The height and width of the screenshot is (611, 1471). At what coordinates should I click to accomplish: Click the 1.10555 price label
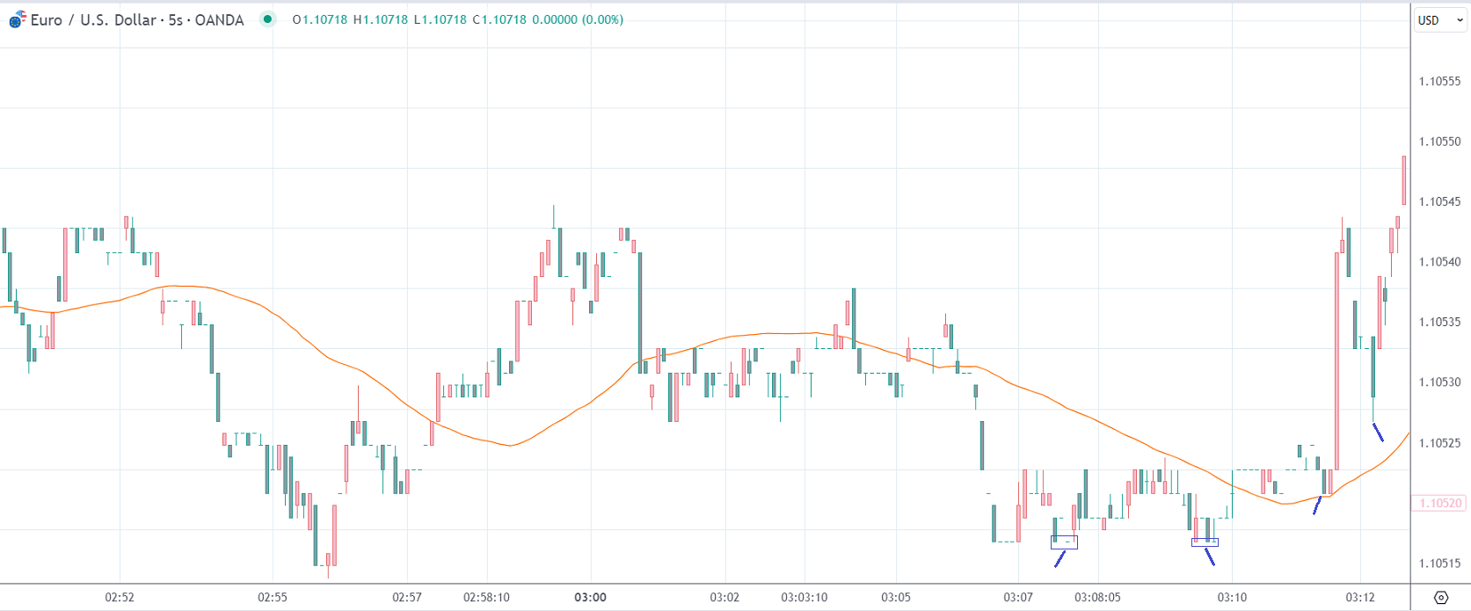point(1439,81)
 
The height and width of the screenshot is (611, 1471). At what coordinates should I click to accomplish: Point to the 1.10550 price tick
point(1439,142)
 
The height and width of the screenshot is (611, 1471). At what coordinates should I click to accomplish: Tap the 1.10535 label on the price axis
point(1439,322)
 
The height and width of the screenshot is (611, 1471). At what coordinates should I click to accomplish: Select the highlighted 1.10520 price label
point(1439,503)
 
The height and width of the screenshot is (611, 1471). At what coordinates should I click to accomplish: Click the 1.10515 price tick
point(1439,564)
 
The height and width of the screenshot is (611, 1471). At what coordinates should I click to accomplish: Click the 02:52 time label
point(120,597)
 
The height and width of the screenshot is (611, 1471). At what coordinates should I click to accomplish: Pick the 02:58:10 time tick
point(486,597)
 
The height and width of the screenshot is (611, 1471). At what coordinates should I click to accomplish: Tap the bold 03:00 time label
point(590,597)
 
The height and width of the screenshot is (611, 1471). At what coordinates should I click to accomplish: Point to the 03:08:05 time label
point(1097,597)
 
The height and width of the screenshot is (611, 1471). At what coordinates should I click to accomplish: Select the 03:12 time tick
point(1359,597)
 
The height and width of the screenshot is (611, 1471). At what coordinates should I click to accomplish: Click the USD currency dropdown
point(1439,20)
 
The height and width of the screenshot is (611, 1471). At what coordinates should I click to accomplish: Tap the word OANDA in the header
point(219,19)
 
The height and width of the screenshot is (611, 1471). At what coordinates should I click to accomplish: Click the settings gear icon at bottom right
point(1440,598)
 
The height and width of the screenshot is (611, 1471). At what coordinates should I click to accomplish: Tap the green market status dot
point(268,19)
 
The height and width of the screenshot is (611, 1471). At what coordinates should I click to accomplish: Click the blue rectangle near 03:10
point(1205,542)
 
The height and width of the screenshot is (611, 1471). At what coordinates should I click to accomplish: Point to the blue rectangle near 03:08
point(1064,542)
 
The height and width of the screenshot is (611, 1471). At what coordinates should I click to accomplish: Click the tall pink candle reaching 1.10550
point(1404,180)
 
